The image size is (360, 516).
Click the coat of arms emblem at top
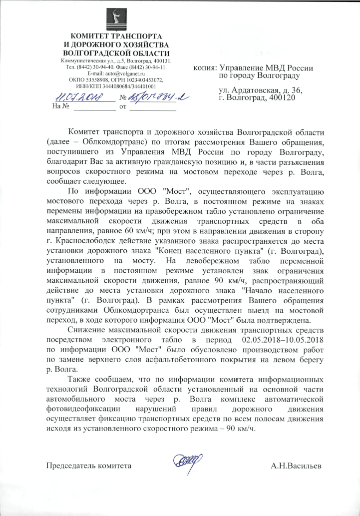[115, 20]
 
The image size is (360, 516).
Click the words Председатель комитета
[89, 466]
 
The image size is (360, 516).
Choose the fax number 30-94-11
[156, 66]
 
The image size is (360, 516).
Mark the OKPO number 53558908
[96, 79]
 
